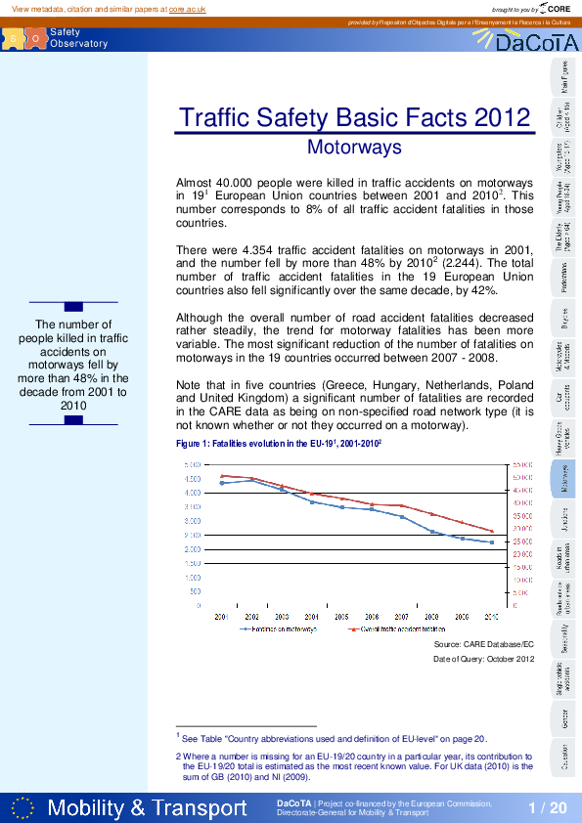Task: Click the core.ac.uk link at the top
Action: [187, 8]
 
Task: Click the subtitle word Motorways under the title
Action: [354, 148]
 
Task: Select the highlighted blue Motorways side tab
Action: [565, 479]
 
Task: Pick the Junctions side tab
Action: [565, 521]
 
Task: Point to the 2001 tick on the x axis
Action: [222, 618]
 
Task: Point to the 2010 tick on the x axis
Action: [491, 618]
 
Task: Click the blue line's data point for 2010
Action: [491, 542]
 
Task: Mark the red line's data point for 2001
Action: [222, 476]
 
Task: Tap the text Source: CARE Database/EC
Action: [483, 645]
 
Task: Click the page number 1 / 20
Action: [547, 807]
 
